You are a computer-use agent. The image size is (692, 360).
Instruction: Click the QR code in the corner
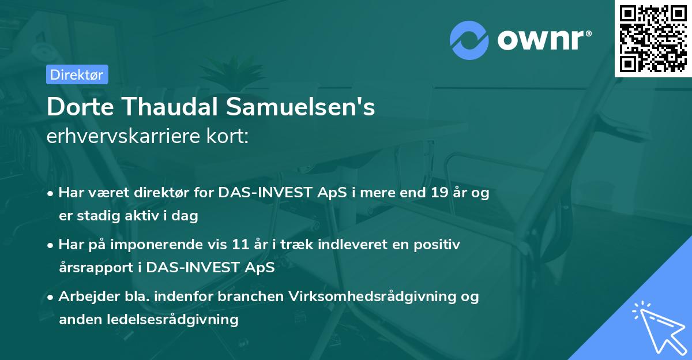coord(653,39)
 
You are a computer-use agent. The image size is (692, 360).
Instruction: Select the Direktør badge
coord(77,74)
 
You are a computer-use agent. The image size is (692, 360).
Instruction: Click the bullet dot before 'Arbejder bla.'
coord(51,297)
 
